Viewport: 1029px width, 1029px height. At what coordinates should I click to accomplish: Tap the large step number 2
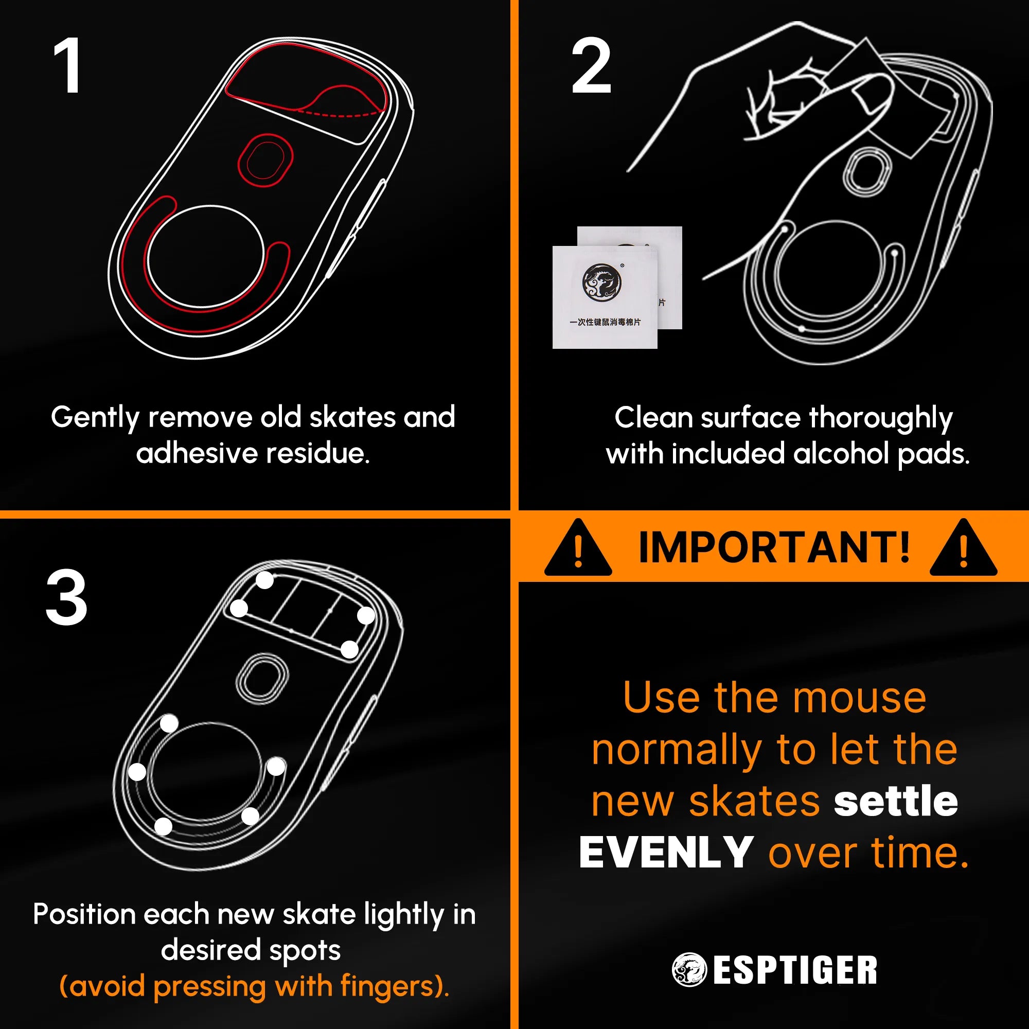(591, 66)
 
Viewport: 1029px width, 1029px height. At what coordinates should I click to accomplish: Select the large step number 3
(66, 597)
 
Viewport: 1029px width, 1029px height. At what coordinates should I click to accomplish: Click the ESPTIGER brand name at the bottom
(795, 970)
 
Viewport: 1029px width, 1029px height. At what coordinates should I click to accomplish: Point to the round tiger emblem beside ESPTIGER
(689, 970)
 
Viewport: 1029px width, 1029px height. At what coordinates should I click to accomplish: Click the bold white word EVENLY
(666, 853)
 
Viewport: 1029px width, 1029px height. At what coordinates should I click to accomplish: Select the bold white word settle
(896, 801)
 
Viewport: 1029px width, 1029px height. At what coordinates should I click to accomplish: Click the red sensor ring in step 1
(264, 161)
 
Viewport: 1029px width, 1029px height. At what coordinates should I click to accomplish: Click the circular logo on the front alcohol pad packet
(602, 281)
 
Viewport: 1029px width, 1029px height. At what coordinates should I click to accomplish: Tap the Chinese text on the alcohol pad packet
(605, 322)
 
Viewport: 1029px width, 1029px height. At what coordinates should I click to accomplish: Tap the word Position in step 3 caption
(85, 914)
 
